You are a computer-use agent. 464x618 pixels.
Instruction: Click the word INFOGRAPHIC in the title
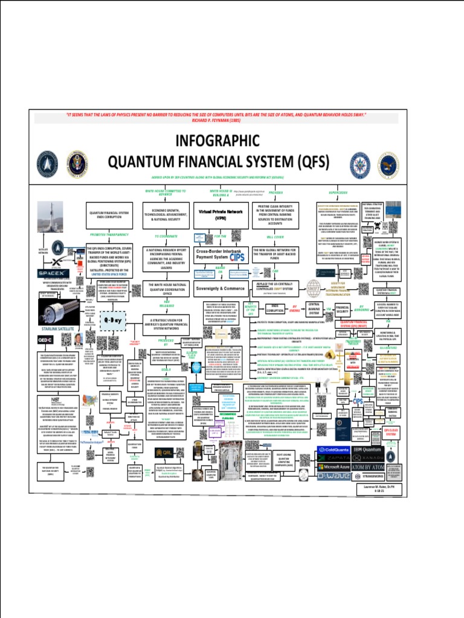(x=217, y=141)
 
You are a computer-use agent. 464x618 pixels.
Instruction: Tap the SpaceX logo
(x=53, y=273)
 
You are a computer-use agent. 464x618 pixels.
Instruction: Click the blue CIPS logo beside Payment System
(x=237, y=257)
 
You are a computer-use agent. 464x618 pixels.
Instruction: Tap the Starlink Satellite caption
(x=58, y=329)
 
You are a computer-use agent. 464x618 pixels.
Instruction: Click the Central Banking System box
(x=314, y=309)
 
